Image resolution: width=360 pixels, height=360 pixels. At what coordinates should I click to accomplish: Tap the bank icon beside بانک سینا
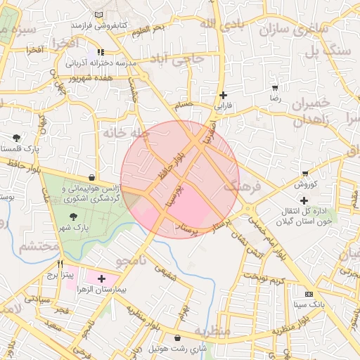point(309,293)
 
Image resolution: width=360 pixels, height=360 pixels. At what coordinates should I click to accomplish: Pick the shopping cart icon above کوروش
point(304,173)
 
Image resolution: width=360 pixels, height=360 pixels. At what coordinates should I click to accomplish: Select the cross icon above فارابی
point(223,95)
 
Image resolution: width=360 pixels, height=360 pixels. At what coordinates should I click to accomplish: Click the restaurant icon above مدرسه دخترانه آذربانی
point(101,52)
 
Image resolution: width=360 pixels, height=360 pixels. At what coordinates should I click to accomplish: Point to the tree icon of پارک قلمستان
point(17,138)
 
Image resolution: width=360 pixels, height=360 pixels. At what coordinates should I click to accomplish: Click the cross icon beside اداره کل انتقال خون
point(303,200)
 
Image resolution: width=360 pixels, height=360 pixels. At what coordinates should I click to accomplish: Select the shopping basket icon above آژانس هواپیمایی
point(93,178)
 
